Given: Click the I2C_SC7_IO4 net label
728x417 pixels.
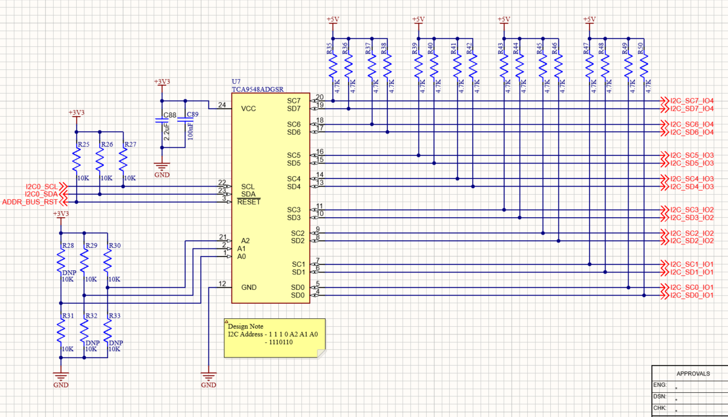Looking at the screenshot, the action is [692, 100].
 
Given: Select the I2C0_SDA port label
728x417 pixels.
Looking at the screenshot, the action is [41, 195].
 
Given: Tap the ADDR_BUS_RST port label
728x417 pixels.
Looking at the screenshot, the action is [30, 202].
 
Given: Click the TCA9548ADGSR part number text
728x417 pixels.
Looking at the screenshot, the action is [257, 90].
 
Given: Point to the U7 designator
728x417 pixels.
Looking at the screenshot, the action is [236, 81].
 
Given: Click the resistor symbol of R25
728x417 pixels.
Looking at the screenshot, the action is [76, 159].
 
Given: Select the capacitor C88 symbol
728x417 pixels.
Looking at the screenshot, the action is [162, 121].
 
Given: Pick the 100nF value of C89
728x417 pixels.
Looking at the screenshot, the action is [191, 131].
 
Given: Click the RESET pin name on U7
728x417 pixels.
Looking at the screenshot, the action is [249, 202].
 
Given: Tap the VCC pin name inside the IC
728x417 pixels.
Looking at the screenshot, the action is [248, 109].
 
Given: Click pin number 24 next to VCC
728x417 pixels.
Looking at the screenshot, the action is [222, 105].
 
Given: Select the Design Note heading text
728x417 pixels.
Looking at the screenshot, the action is [245, 326].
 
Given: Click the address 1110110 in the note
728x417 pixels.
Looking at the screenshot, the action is [281, 342].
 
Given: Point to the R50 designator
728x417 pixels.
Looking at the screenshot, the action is [640, 49].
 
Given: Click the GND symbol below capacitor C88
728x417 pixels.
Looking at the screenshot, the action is [162, 167].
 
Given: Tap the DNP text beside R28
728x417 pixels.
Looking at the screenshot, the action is [69, 273].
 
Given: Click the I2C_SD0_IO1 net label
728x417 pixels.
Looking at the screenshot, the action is [692, 296].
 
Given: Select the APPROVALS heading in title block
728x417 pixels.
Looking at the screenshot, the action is [693, 374].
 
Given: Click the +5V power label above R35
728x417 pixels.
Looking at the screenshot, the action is [333, 20].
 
